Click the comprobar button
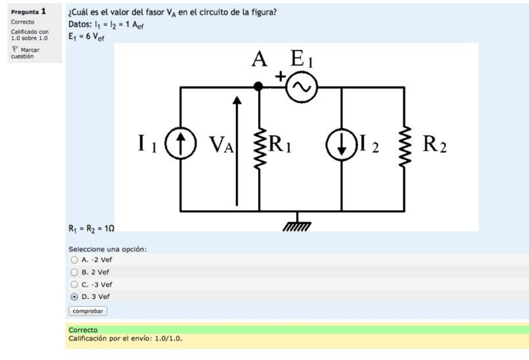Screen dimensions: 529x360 click(88, 311)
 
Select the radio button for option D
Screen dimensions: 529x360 click(74, 297)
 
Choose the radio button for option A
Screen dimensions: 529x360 click(74, 260)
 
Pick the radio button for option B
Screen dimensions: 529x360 click(74, 272)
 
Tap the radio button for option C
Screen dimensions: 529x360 click(74, 285)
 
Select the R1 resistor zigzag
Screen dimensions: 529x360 click(260, 148)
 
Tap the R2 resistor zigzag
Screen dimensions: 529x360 click(404, 147)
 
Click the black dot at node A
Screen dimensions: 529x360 click(258, 87)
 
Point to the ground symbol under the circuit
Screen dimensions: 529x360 click(297, 224)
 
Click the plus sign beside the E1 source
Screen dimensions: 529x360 click(280, 77)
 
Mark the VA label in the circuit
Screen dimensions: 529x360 click(221, 145)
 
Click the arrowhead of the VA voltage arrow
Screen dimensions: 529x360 click(237, 100)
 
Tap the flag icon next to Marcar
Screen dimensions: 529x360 click(15, 49)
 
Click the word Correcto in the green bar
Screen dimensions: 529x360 click(83, 330)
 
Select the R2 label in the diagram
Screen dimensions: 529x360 click(435, 144)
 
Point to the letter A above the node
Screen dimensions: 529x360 click(260, 59)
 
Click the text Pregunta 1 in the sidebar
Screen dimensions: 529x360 click(28, 11)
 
